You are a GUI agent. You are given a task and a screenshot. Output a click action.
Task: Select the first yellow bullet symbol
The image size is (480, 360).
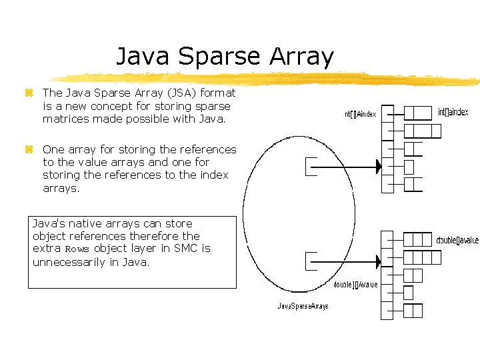pyautogui.click(x=29, y=93)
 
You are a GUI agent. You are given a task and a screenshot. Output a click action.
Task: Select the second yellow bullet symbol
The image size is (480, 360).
pyautogui.click(x=29, y=150)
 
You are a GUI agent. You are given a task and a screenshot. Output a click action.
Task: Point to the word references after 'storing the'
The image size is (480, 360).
pyautogui.click(x=201, y=149)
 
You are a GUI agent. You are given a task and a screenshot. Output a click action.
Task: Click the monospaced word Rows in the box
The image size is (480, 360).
pyautogui.click(x=77, y=249)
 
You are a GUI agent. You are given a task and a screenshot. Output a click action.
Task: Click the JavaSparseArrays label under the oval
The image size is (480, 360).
pyautogui.click(x=303, y=306)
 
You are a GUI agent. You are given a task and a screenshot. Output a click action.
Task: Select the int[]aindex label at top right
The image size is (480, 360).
pyautogui.click(x=453, y=112)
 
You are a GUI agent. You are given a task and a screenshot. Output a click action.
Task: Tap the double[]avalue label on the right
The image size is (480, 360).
pyautogui.click(x=457, y=240)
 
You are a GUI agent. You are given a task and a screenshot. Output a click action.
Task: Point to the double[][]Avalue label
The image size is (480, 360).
pyautogui.click(x=355, y=284)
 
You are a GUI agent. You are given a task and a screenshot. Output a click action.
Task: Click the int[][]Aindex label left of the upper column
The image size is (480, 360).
pyautogui.click(x=361, y=114)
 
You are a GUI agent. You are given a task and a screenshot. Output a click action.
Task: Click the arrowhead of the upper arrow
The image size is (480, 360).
pyautogui.click(x=378, y=165)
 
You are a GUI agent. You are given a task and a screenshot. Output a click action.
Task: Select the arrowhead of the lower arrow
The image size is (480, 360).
pyautogui.click(x=378, y=261)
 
